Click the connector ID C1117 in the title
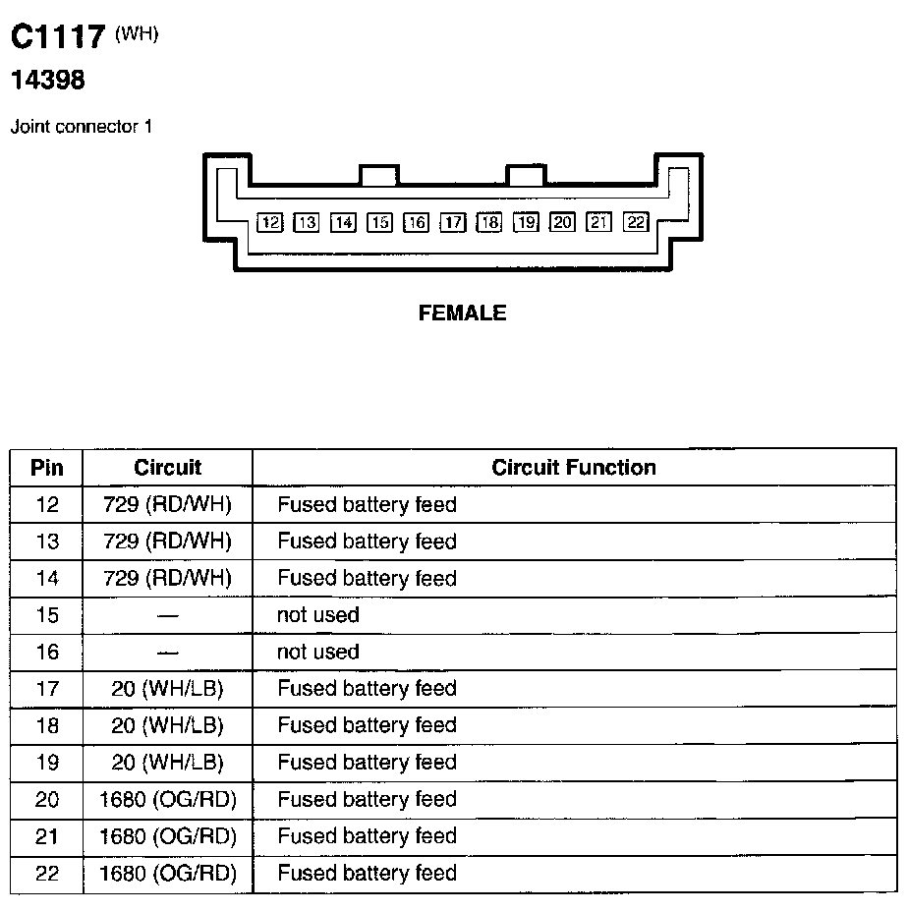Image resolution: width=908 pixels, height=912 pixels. click(57, 37)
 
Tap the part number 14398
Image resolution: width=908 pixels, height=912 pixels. click(47, 81)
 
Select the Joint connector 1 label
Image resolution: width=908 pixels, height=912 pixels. click(81, 127)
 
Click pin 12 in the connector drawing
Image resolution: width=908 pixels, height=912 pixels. click(269, 222)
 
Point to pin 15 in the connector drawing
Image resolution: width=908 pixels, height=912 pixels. click(379, 222)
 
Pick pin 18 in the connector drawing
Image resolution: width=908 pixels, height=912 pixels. click(489, 222)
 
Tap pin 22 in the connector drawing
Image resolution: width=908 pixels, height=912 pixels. click(636, 222)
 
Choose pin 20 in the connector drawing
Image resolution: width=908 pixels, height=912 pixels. click(562, 222)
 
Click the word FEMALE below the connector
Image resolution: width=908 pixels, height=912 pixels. click(462, 313)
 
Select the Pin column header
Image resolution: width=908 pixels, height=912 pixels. click(46, 468)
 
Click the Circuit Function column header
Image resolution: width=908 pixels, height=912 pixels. click(574, 468)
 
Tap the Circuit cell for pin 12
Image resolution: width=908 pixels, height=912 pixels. click(167, 505)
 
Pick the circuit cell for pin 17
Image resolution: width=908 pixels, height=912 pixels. click(167, 689)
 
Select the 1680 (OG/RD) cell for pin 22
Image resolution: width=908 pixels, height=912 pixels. click(168, 873)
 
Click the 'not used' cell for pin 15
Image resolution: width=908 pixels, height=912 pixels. click(318, 615)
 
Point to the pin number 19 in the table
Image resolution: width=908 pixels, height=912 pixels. click(46, 763)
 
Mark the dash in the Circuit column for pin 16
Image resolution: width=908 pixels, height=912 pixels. click(167, 653)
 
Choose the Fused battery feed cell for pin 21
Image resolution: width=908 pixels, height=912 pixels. click(367, 836)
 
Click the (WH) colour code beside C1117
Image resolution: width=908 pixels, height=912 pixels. click(137, 33)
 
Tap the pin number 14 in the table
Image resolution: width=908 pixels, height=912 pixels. click(46, 579)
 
